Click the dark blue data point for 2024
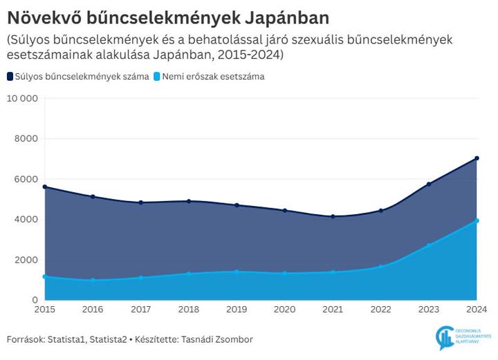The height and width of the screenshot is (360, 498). pos(477,158)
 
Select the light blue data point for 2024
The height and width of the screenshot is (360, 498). pos(477,221)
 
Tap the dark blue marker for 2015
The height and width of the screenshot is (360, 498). pos(45,187)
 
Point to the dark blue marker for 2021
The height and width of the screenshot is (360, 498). pos(333,217)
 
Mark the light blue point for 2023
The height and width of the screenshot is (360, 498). pos(429,245)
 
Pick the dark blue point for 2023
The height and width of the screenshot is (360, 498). pos(429,184)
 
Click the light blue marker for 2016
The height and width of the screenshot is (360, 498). pos(93,281)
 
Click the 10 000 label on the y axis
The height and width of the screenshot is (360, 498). pos(22,98)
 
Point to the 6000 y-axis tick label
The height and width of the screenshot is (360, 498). pos(26,179)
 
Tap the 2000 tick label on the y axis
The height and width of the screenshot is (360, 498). pos(26,260)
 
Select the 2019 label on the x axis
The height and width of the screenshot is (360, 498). pos(237,310)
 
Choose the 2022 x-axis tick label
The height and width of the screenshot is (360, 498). pos(380,310)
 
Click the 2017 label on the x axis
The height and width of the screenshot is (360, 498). pos(140,310)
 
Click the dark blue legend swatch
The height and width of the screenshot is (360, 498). pos(10,77)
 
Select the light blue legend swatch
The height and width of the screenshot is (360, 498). pos(156,77)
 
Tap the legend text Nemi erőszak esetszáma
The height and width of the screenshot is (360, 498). pos(214,77)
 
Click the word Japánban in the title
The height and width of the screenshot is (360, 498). pos(280,16)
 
